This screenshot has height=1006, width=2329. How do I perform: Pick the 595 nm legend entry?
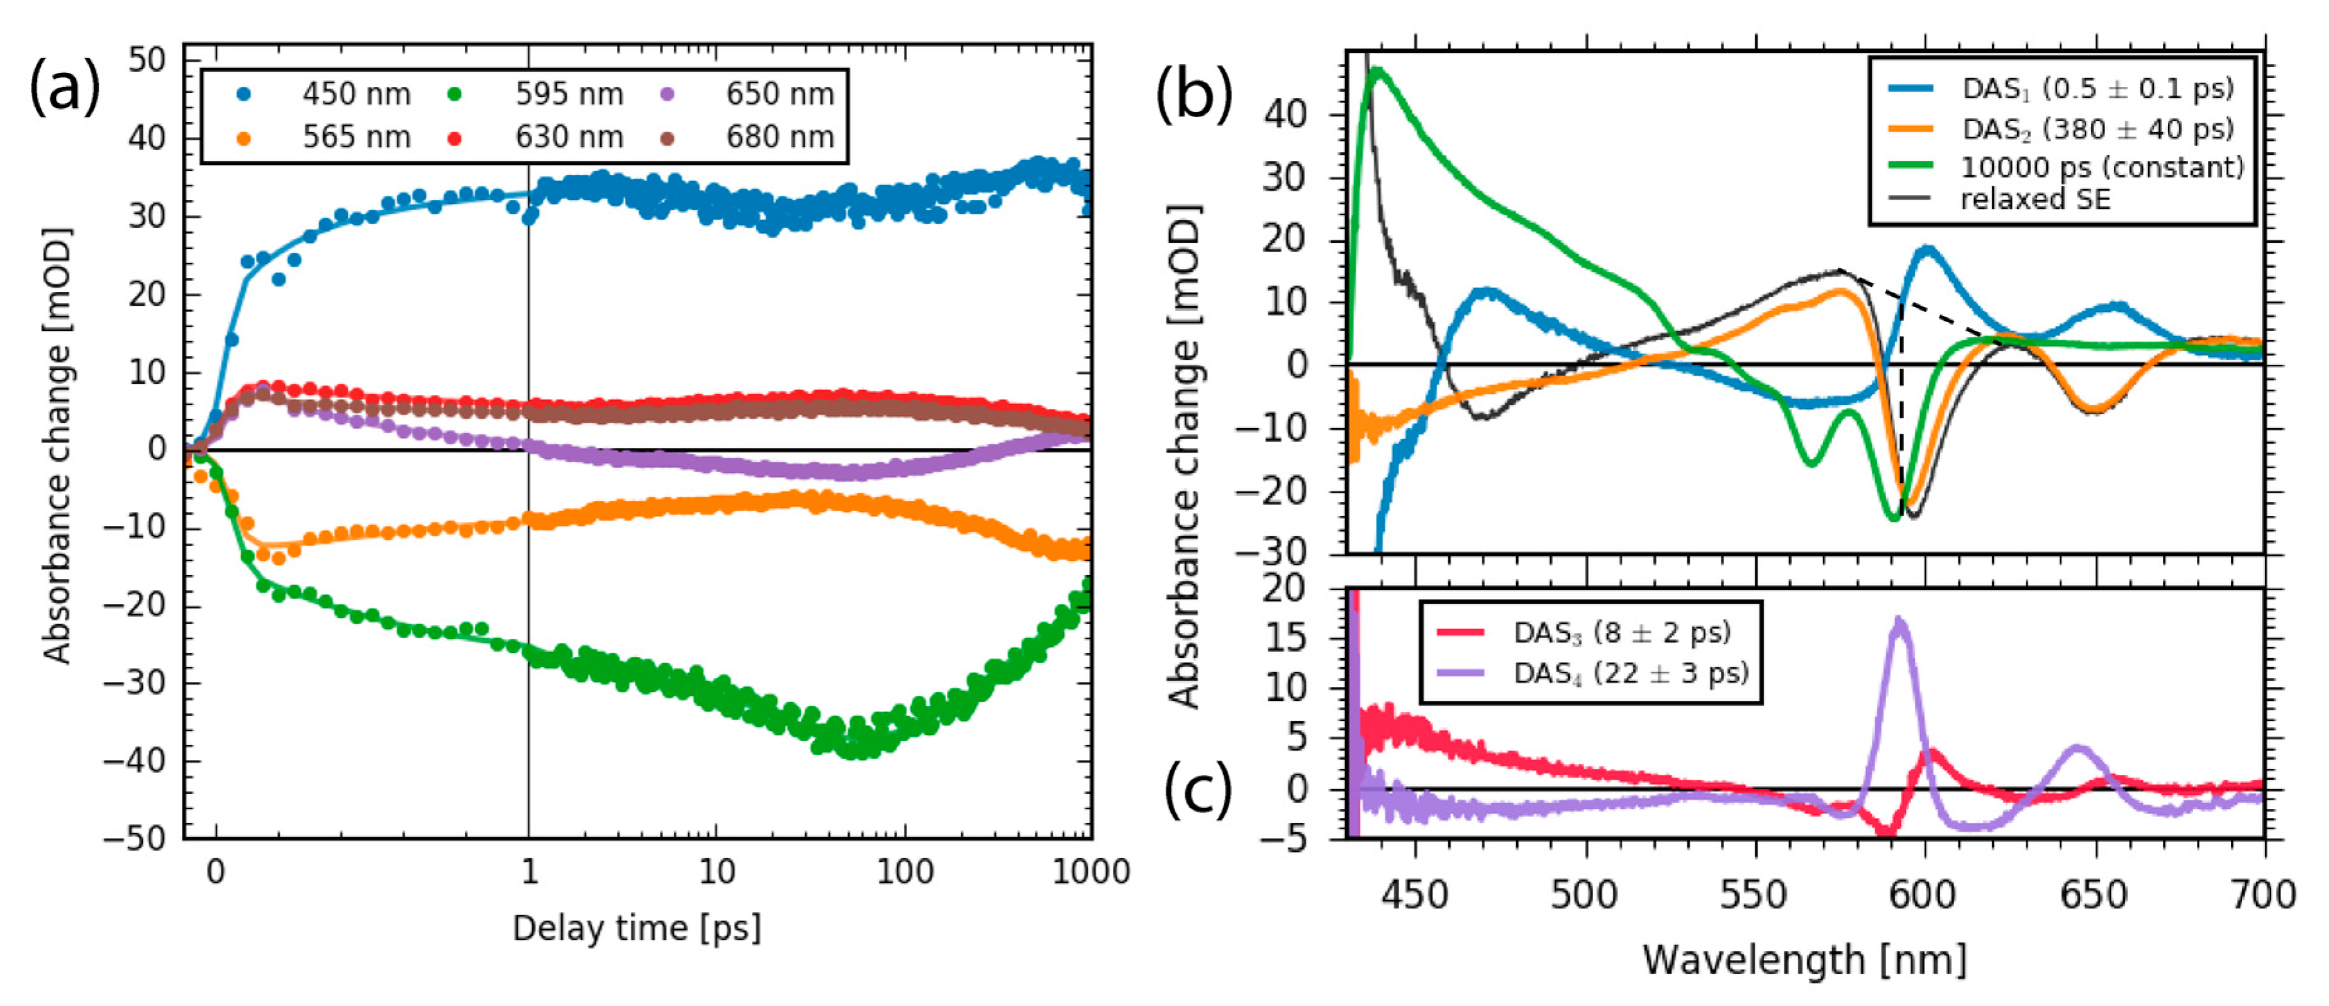click(537, 94)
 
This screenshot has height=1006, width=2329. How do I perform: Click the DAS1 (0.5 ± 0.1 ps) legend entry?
click(2062, 89)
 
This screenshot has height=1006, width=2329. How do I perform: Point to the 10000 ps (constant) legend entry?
click(2066, 167)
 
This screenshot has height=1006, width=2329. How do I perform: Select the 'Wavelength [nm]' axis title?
click(1804, 960)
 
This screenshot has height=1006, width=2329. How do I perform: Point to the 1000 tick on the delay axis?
click(1092, 872)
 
